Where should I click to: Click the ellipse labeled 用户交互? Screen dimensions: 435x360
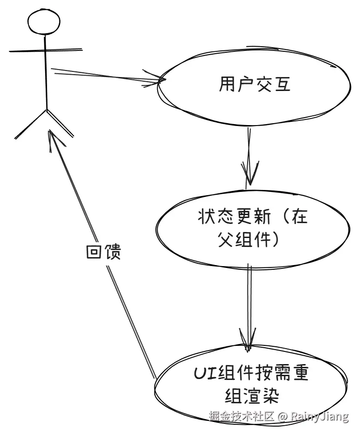254,86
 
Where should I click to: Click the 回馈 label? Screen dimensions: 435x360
104,252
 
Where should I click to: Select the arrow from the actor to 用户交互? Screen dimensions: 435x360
107,76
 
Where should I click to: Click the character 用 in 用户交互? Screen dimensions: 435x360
227,85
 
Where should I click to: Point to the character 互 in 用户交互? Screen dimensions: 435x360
282,85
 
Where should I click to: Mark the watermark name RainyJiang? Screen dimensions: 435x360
320,416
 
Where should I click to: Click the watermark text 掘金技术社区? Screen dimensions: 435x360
241,416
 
